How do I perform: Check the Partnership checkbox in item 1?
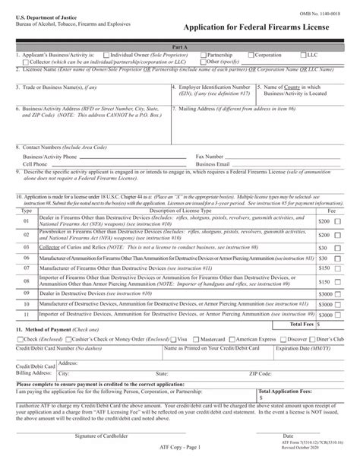(203, 55)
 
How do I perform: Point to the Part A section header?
(180, 47)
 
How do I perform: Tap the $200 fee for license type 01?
(324, 220)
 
